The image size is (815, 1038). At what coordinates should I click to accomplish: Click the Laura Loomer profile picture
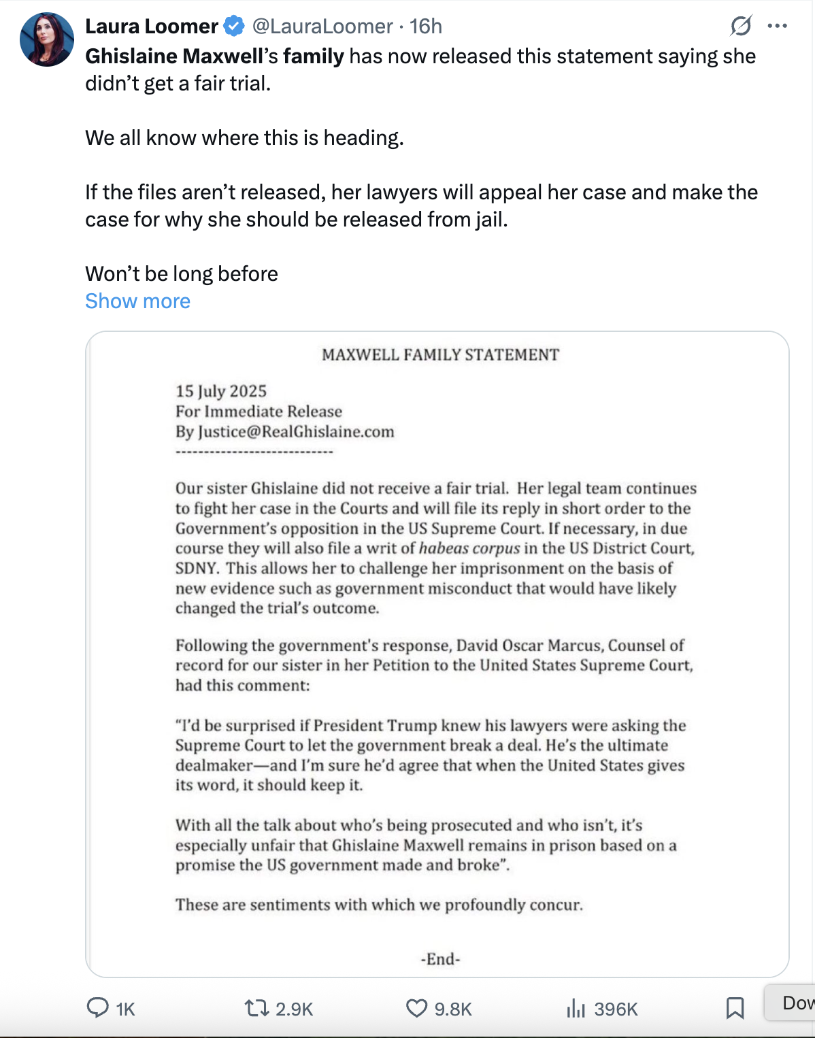(46, 39)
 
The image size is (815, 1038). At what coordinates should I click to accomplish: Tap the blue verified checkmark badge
(234, 27)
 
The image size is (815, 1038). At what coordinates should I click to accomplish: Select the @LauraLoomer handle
(322, 27)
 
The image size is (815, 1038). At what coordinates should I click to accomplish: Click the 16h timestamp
(426, 27)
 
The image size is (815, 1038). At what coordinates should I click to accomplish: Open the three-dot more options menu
(777, 27)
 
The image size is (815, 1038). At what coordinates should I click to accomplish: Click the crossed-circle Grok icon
(741, 27)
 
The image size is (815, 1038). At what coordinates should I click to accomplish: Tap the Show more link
(137, 301)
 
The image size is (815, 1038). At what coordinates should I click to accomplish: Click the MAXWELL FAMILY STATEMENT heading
(440, 354)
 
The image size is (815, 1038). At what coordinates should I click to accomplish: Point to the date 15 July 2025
(221, 391)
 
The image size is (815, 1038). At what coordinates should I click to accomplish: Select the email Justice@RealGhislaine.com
(296, 432)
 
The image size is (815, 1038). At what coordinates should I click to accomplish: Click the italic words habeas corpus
(469, 548)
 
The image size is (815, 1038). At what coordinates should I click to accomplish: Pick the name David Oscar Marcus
(530, 645)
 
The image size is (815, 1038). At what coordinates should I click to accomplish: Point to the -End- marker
(440, 959)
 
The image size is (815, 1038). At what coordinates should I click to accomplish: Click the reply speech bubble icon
(98, 1007)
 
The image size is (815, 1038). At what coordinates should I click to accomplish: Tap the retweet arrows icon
(257, 1007)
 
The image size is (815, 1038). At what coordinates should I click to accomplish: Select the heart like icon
(416, 1007)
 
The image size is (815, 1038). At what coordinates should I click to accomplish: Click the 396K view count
(615, 1009)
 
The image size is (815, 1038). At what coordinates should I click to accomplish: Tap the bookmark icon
(735, 1007)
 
